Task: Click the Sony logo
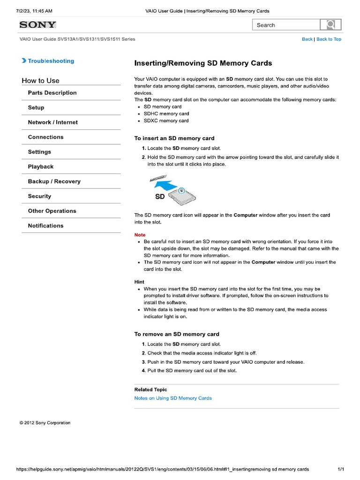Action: point(37,25)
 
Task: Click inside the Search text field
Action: point(286,25)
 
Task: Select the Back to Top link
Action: point(329,39)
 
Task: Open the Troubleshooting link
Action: point(51,61)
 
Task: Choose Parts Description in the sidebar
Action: point(52,93)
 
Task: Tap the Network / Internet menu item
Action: point(52,122)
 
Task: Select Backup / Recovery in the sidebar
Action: point(54,181)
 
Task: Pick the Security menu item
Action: point(39,196)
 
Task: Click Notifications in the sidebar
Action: point(45,226)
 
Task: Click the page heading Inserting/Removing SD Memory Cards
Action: point(203,63)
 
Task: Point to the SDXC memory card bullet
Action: point(166,121)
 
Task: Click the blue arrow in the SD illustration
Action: point(166,184)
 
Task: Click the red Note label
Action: point(140,235)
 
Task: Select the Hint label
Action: point(139,282)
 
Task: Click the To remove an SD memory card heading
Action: point(177,334)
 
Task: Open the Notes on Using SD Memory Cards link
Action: point(172,398)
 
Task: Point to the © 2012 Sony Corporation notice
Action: point(45,423)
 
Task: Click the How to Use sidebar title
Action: point(40,81)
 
